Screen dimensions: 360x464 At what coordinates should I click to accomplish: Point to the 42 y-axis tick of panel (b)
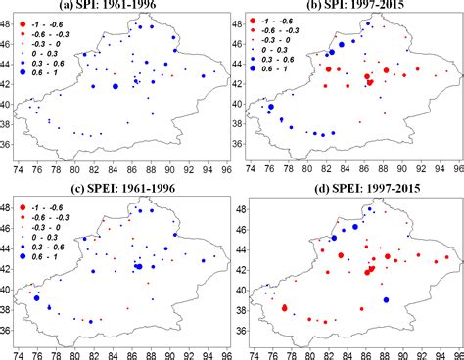[x=241, y=86]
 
